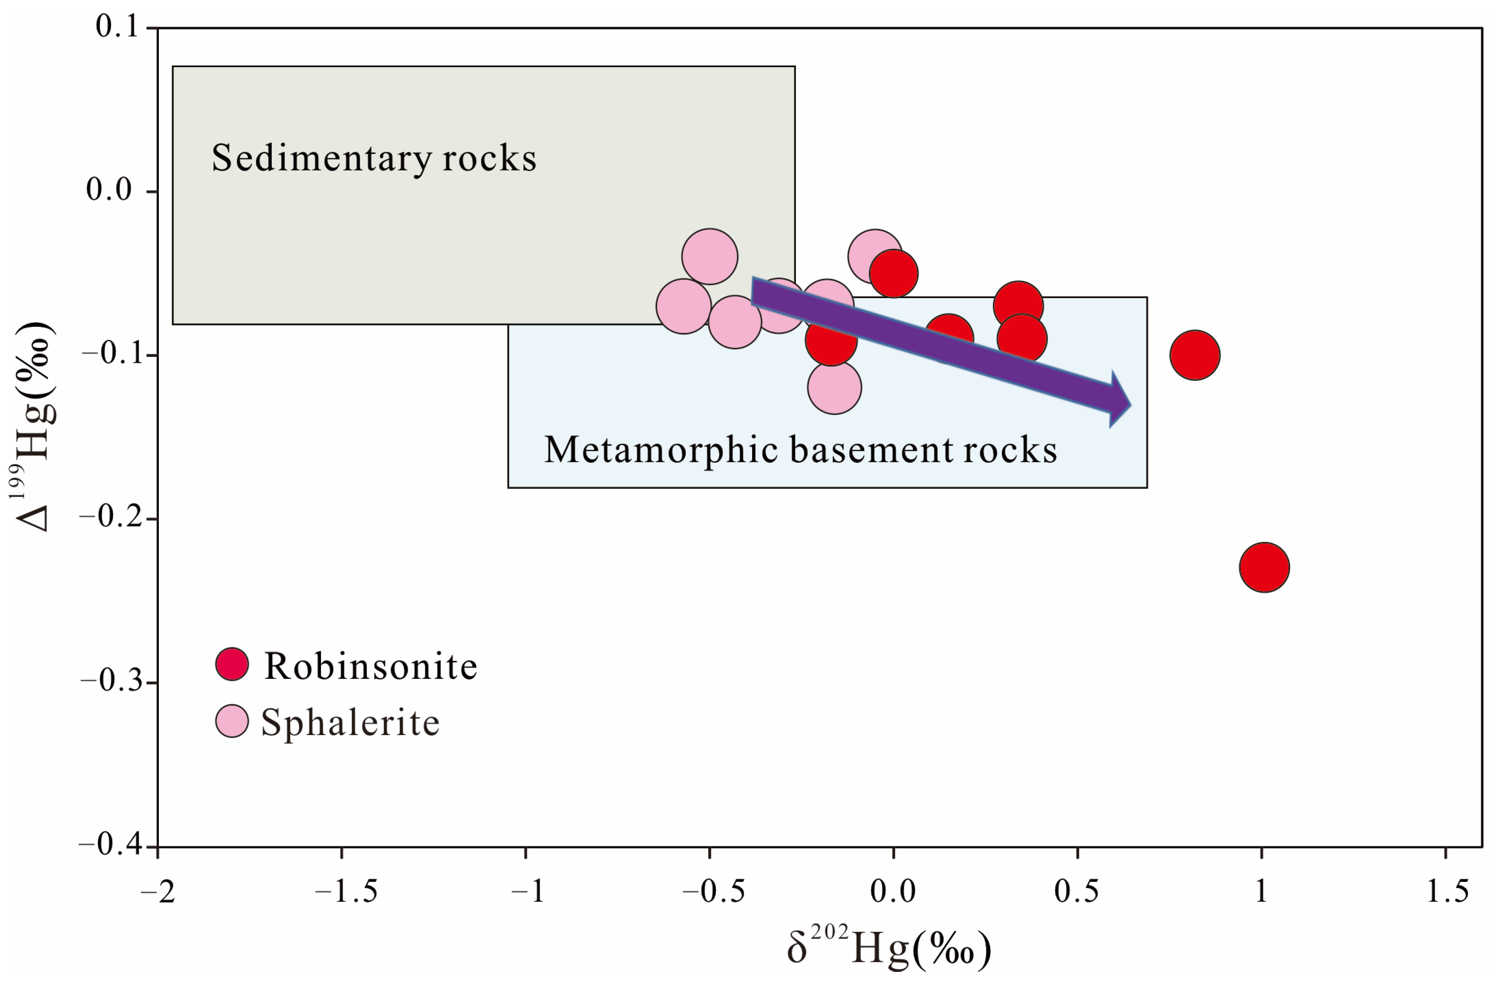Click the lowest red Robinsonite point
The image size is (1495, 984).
1264,567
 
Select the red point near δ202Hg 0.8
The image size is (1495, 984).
1195,355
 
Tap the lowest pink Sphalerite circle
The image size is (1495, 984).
834,387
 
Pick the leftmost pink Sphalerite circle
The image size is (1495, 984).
683,306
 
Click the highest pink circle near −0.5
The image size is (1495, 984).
709,256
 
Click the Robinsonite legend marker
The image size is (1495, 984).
232,664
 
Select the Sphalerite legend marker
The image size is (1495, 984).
232,721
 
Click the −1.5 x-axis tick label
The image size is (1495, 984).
346,891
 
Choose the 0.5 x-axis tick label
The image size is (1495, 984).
1077,891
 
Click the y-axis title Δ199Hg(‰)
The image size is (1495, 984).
33,427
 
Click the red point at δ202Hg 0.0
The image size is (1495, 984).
893,274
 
